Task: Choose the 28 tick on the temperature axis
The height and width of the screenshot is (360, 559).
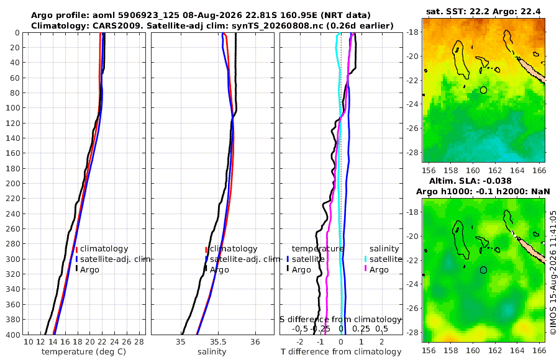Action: [139, 342]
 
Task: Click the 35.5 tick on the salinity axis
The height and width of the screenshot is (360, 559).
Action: [218, 342]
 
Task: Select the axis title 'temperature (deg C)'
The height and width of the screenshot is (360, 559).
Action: [84, 352]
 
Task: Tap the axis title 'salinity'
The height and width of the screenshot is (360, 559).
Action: [212, 352]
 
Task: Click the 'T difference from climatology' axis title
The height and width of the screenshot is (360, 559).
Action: [341, 352]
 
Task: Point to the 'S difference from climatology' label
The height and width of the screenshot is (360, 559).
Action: [341, 320]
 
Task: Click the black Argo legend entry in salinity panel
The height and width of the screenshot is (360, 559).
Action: [217, 270]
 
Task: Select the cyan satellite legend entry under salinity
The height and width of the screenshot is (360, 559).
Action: [383, 259]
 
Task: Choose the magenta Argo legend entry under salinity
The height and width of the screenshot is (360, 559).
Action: [376, 270]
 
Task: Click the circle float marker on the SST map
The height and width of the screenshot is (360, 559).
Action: [483, 90]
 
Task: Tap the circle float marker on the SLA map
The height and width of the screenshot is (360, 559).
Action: [483, 270]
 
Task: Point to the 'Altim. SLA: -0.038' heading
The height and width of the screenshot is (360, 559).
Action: [470, 181]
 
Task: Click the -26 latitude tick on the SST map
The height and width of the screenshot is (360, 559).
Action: [412, 128]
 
